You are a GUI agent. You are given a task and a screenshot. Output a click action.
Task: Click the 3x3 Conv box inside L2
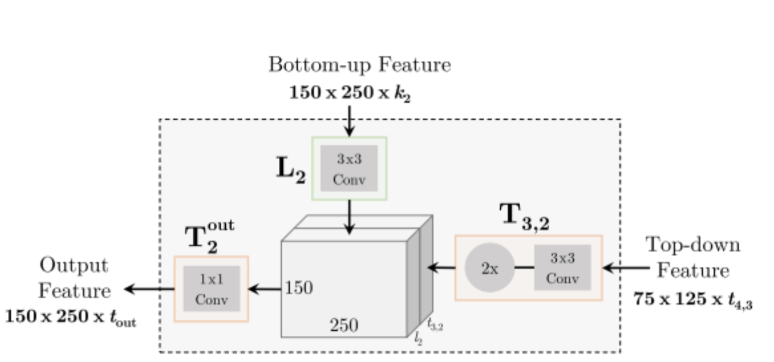click(349, 168)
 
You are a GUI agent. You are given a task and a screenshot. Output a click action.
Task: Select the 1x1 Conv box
click(211, 289)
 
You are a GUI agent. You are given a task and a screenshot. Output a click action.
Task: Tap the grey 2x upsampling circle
click(490, 267)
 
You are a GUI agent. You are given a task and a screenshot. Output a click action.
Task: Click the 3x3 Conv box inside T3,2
click(562, 267)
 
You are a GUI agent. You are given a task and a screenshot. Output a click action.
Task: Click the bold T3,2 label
click(525, 216)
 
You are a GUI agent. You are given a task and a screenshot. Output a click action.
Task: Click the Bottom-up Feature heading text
click(360, 65)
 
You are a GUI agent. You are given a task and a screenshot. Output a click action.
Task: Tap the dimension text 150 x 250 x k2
click(350, 94)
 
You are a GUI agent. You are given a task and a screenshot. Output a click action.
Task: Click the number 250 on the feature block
click(344, 325)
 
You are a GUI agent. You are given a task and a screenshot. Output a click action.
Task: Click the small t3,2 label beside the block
click(436, 325)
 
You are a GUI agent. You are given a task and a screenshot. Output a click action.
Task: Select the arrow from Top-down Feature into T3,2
click(627, 267)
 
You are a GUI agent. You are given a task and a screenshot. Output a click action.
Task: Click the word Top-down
click(693, 245)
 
